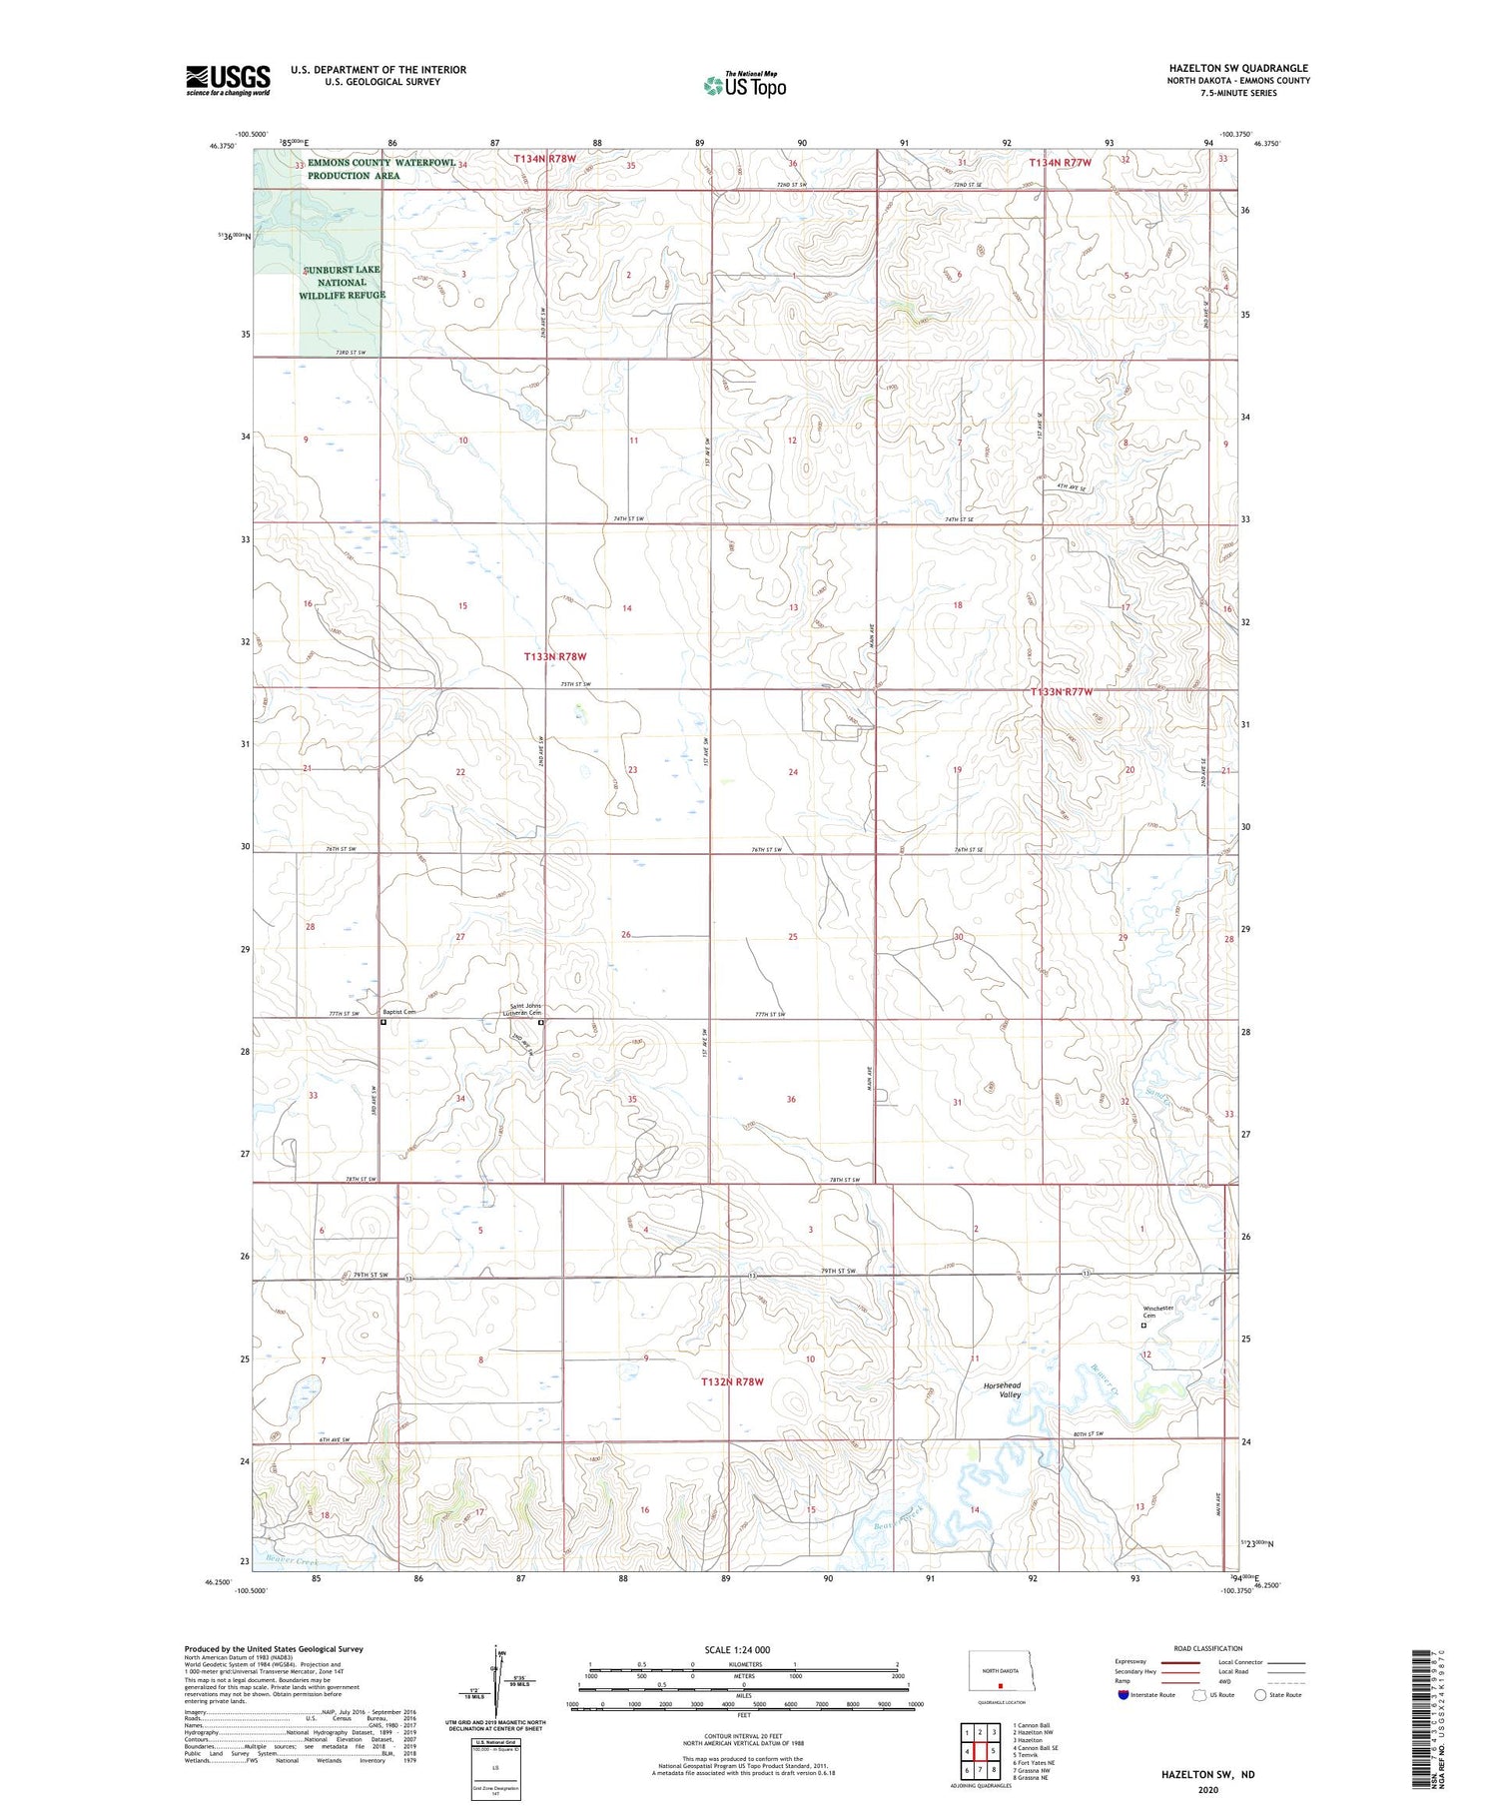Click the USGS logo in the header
point(228,80)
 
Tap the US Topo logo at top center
point(744,86)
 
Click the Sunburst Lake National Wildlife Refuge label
point(342,283)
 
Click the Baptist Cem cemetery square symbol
point(383,1022)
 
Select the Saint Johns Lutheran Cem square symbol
point(542,1023)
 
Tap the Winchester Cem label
point(1157,1312)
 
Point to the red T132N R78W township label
point(730,1381)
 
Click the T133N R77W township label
point(1062,692)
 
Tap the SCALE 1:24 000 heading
point(737,1649)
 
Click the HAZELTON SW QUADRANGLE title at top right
point(1238,68)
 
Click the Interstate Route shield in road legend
point(1123,1694)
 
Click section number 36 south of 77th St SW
point(791,1099)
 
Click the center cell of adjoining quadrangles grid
point(981,1751)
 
